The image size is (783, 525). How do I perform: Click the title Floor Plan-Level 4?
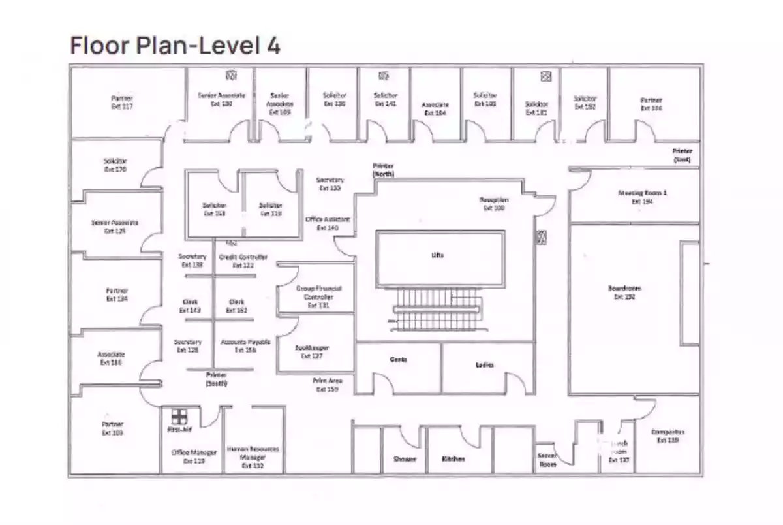pos(175,46)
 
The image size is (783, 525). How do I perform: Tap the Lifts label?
pos(437,255)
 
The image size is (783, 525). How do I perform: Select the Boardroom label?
pos(624,292)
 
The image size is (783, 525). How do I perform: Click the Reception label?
pos(494,203)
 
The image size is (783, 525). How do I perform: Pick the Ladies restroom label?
pos(484,364)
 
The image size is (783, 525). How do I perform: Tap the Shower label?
pos(405,459)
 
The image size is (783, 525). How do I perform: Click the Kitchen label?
pos(453,459)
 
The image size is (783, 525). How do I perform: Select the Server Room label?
pos(546,460)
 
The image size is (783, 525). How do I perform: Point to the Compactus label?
pos(668,436)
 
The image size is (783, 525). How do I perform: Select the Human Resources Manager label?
pos(253,457)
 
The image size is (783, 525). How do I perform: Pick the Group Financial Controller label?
pos(319,296)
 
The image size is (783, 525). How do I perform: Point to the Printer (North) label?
pos(383,170)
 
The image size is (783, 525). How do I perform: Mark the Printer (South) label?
pos(216,379)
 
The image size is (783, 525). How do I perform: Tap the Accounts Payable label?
pos(245,345)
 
